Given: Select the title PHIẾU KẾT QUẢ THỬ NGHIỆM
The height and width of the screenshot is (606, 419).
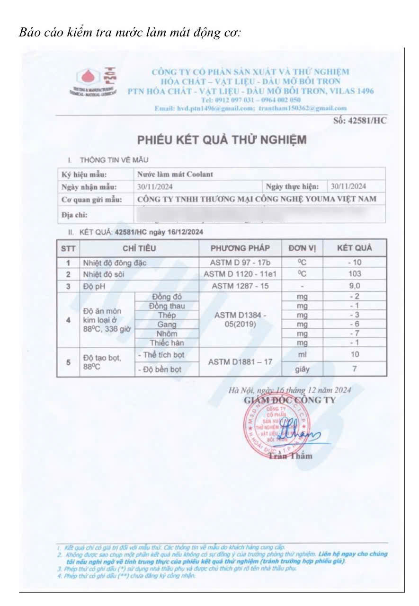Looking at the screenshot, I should tap(222, 140).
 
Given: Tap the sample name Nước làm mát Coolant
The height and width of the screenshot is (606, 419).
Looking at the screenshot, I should tap(175, 174).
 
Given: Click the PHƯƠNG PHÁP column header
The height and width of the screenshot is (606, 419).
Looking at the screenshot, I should tap(240, 248).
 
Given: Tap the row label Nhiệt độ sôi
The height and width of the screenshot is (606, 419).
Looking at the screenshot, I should tap(104, 274).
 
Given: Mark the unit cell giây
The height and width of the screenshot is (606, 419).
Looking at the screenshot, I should tap(302, 369).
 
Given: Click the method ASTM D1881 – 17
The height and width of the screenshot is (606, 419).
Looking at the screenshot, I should tap(240, 362).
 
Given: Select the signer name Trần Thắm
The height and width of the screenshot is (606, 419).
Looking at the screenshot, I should tap(290, 456).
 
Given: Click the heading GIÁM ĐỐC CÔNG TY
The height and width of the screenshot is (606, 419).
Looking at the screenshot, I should tap(289, 400).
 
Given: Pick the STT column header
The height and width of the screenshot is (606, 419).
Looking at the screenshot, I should tap(68, 248).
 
